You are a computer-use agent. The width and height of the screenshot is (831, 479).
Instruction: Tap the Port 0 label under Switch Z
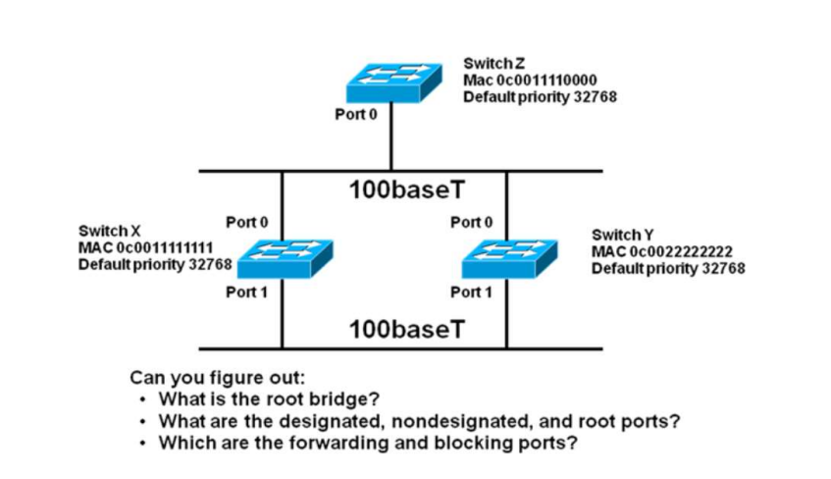tap(356, 115)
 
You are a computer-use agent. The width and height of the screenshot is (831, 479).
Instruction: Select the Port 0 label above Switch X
tap(246, 222)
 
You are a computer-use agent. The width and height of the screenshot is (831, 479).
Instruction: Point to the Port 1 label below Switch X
tap(246, 292)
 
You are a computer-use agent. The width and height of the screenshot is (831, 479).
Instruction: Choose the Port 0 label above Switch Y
tap(471, 222)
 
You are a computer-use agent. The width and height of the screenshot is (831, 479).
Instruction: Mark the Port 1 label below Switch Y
tap(471, 292)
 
